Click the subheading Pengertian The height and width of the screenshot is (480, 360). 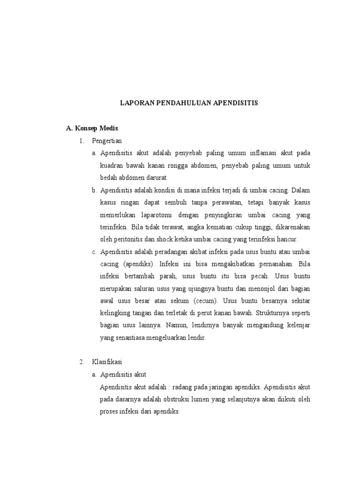tap(107, 141)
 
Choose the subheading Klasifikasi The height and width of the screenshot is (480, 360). tap(107, 361)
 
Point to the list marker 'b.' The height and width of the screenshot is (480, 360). tap(94, 190)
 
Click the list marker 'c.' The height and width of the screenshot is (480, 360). tap(94, 252)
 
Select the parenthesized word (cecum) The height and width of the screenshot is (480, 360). tap(204, 300)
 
